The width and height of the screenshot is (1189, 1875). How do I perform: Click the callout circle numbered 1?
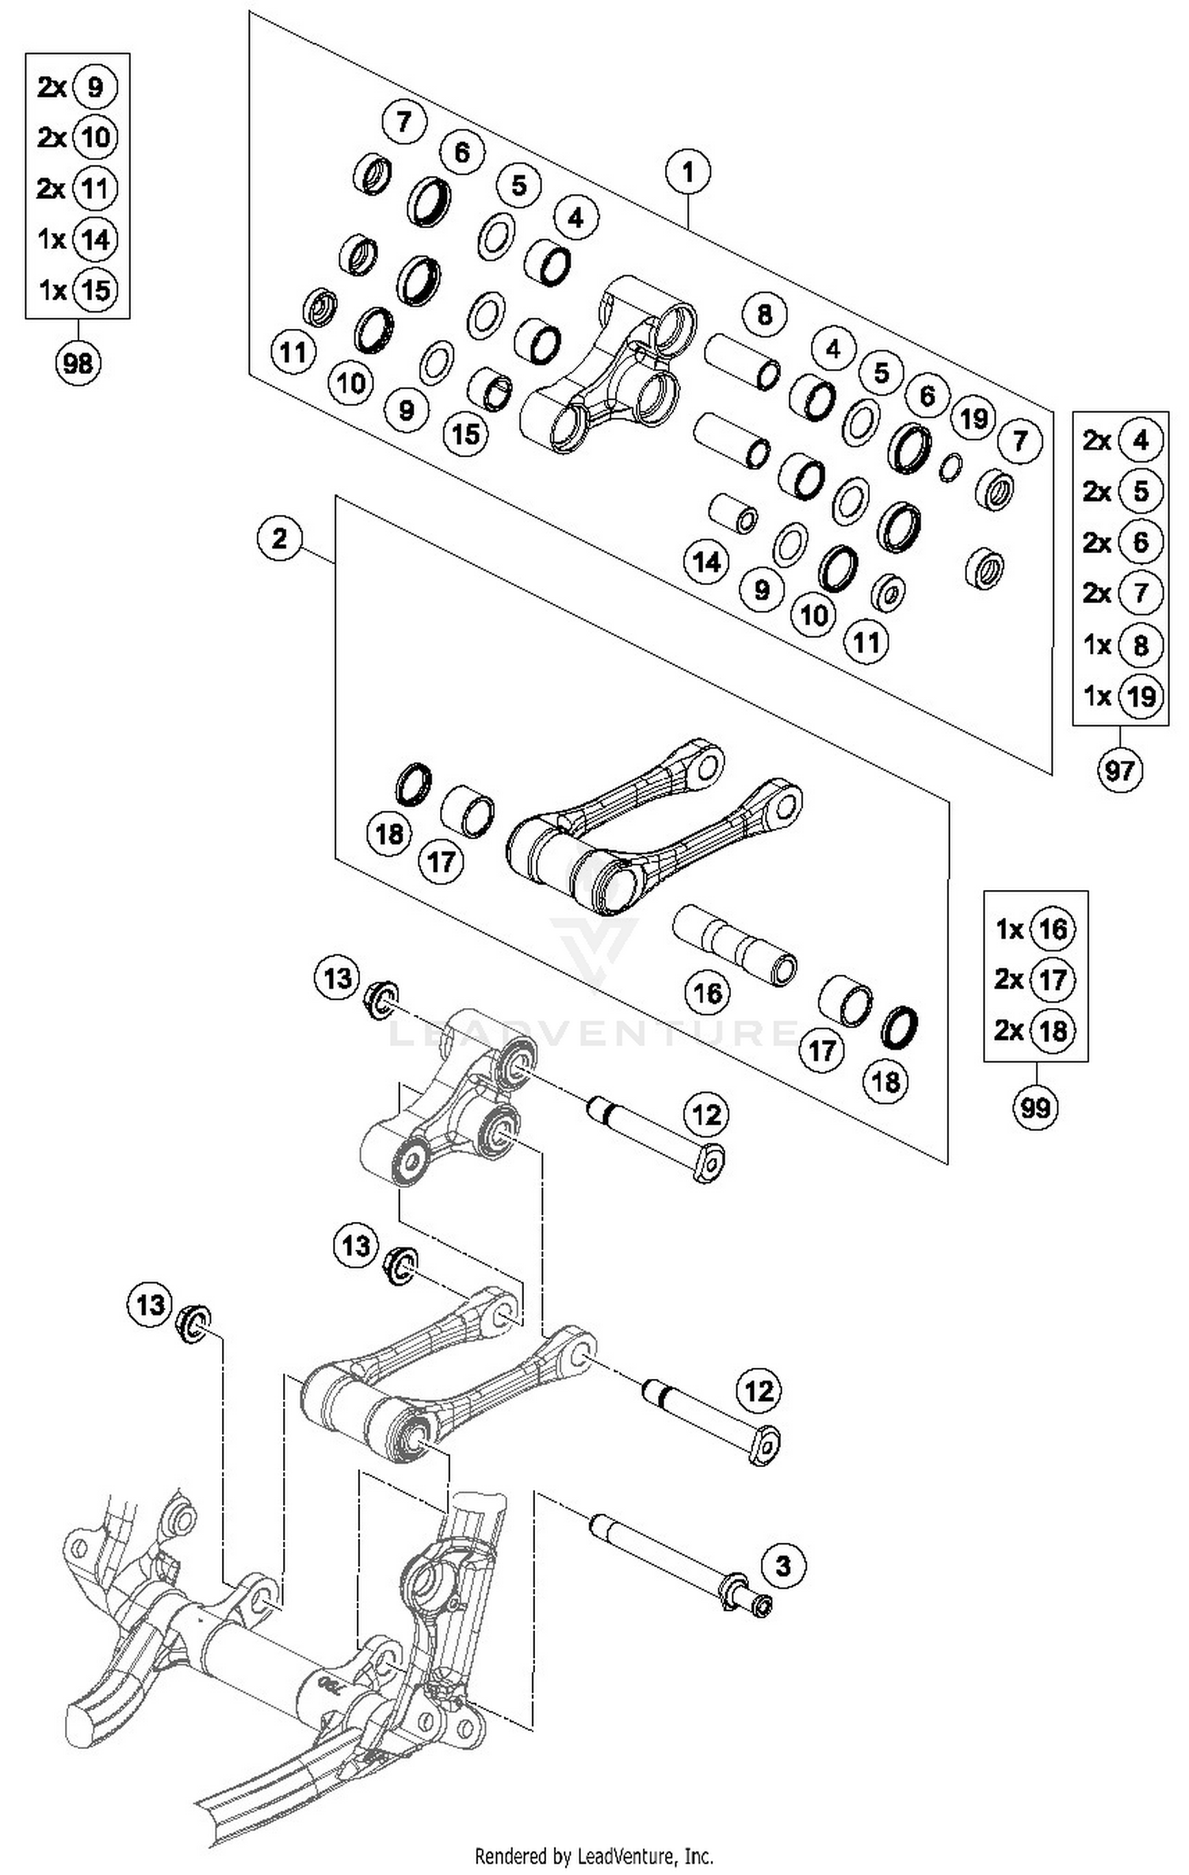click(687, 171)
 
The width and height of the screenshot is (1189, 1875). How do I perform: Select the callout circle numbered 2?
click(280, 539)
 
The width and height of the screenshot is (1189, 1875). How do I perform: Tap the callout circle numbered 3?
click(783, 1566)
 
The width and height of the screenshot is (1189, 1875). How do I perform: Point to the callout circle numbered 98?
click(78, 364)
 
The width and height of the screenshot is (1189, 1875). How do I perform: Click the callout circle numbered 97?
click(1119, 769)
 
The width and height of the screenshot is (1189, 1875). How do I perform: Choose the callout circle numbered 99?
click(1035, 1107)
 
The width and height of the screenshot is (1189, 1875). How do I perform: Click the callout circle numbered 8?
click(764, 315)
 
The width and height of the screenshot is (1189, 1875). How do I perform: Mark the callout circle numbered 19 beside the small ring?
click(973, 418)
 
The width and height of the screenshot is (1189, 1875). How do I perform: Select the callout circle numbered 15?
click(465, 433)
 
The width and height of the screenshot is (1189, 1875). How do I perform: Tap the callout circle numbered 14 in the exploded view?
click(706, 562)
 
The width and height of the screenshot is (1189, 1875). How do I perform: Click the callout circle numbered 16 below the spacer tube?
click(707, 992)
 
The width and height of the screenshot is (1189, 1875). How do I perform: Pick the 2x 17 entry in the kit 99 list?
click(1034, 980)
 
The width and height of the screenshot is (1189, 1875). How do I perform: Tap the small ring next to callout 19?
click(950, 468)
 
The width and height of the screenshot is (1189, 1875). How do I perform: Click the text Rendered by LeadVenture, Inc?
click(594, 1855)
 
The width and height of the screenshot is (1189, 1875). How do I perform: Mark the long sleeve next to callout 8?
click(742, 360)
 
